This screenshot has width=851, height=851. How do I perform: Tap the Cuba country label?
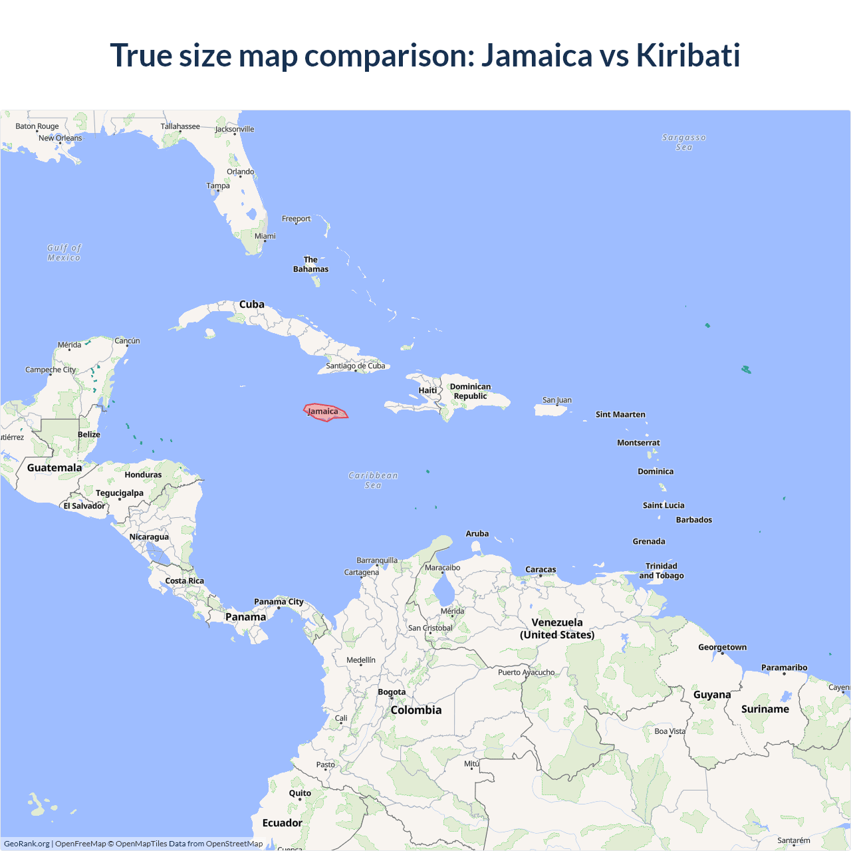252,304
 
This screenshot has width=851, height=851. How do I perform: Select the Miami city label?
265,236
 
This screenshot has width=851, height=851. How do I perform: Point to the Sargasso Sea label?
683,142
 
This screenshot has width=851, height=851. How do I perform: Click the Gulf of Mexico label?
64,253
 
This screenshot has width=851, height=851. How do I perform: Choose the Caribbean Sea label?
373,480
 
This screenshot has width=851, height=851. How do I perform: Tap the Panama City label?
279,602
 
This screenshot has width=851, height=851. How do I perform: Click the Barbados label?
693,520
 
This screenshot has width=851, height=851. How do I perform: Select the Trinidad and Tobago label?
661,571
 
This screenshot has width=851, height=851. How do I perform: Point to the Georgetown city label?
722,647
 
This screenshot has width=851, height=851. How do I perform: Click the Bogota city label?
392,692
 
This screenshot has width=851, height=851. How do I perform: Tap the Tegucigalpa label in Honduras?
120,493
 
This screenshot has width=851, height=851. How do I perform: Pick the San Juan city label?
556,400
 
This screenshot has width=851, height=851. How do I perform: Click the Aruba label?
477,534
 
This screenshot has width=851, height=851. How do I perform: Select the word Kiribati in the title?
687,55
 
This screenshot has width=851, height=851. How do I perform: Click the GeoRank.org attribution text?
27,844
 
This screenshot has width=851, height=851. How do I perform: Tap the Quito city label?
300,793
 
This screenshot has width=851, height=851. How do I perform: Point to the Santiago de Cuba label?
355,366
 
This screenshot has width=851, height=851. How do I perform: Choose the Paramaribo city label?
784,668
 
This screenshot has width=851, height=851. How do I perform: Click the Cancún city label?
127,341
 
